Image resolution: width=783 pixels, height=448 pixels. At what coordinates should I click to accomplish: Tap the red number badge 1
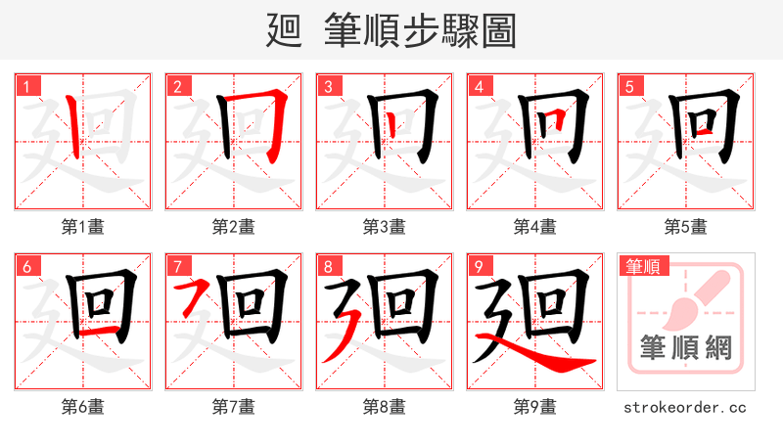click(26, 86)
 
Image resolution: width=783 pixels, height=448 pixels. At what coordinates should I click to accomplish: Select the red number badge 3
click(328, 86)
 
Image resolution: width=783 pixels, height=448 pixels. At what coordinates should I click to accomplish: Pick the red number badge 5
click(629, 86)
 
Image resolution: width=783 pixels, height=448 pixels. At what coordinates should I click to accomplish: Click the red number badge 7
click(177, 266)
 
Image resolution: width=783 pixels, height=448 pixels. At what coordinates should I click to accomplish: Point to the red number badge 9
click(479, 266)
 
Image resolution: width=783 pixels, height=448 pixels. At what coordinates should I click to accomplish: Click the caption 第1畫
click(82, 227)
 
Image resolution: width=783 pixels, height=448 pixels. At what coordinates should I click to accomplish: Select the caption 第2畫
click(233, 227)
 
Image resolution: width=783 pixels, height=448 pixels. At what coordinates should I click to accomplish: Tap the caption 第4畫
click(534, 227)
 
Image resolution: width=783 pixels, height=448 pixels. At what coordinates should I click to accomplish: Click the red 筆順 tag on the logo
click(641, 266)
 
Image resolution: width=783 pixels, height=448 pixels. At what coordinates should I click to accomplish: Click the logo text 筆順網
click(685, 348)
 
